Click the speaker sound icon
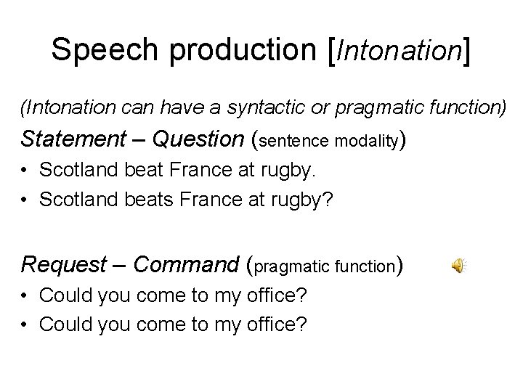pos(459,266)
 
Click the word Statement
pos(68,138)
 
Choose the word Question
pos(199,138)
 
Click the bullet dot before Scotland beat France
pos(25,171)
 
